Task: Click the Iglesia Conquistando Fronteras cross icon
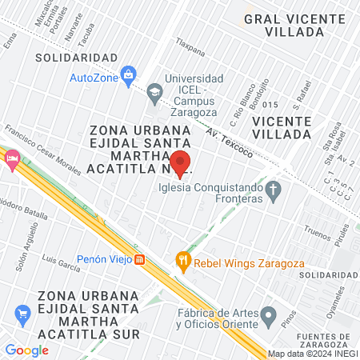274,191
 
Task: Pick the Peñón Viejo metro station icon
140,259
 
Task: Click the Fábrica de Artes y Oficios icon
270,313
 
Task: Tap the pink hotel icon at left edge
12,158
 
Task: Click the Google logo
26,350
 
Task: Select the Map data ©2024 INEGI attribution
312,354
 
